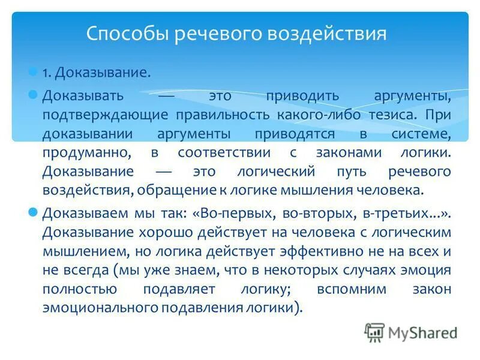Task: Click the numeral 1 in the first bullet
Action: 45,73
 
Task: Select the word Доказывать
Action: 83,95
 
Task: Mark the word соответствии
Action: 224,152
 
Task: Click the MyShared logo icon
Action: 374,332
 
